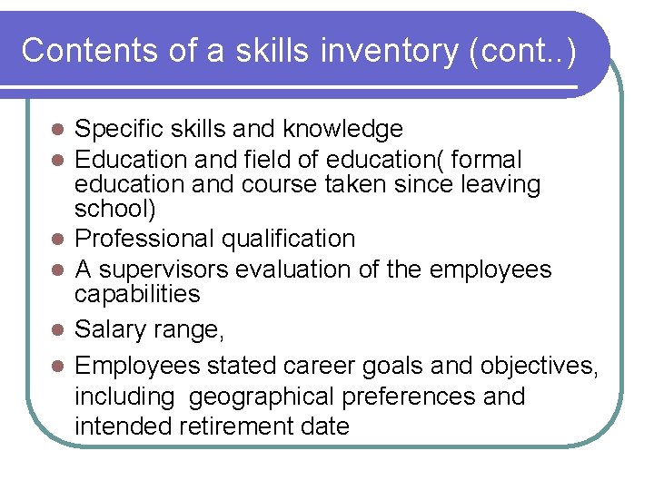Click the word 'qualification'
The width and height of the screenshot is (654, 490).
click(x=296, y=239)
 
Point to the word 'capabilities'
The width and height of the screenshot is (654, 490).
click(x=137, y=294)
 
